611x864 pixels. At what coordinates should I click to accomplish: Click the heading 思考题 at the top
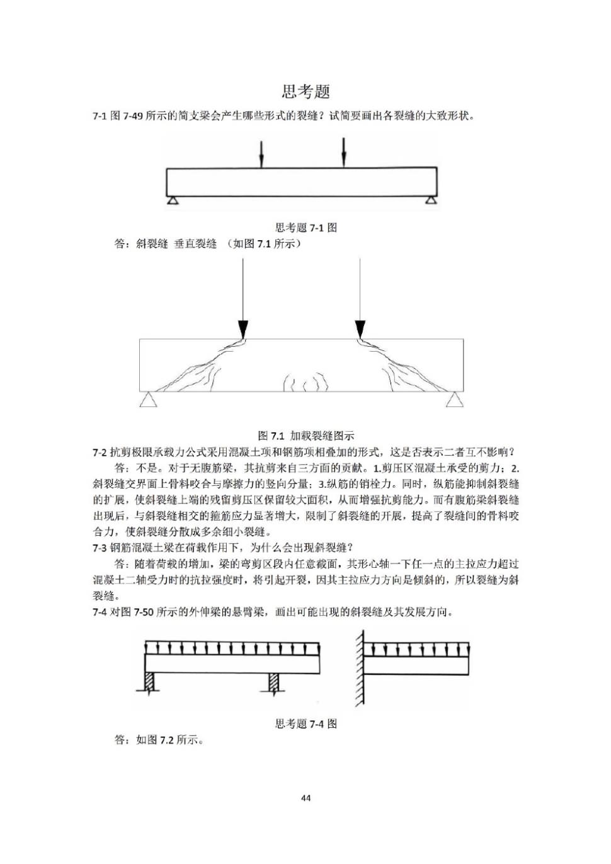pyautogui.click(x=305, y=92)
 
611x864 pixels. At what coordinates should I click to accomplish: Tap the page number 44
pyautogui.click(x=305, y=798)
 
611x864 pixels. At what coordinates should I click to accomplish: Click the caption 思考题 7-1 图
pyautogui.click(x=305, y=228)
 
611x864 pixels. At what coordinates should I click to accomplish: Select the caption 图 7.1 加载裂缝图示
pyautogui.click(x=305, y=435)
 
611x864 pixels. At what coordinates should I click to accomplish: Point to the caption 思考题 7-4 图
pyautogui.click(x=305, y=723)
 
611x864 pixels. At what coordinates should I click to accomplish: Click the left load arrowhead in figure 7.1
pyautogui.click(x=243, y=329)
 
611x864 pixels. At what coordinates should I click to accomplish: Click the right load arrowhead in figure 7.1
pyautogui.click(x=360, y=329)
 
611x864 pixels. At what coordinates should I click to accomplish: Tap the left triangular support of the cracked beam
pyautogui.click(x=148, y=400)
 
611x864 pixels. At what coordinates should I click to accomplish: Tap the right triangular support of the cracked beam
pyautogui.click(x=454, y=400)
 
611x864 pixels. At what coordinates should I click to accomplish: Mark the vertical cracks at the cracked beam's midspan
pyautogui.click(x=305, y=382)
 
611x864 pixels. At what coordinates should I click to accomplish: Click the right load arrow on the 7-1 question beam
pyautogui.click(x=344, y=153)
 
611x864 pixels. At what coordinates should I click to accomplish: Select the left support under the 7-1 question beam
pyautogui.click(x=173, y=200)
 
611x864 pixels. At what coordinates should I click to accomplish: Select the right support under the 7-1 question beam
pyautogui.click(x=430, y=200)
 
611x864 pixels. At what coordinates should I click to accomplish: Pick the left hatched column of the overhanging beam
pyautogui.click(x=150, y=682)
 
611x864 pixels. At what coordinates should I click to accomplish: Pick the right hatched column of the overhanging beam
pyautogui.click(x=275, y=682)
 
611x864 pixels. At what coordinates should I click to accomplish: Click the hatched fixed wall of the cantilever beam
pyautogui.click(x=358, y=668)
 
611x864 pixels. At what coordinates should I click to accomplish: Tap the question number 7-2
pyautogui.click(x=100, y=452)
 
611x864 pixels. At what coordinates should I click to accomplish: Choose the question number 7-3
pyautogui.click(x=100, y=548)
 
